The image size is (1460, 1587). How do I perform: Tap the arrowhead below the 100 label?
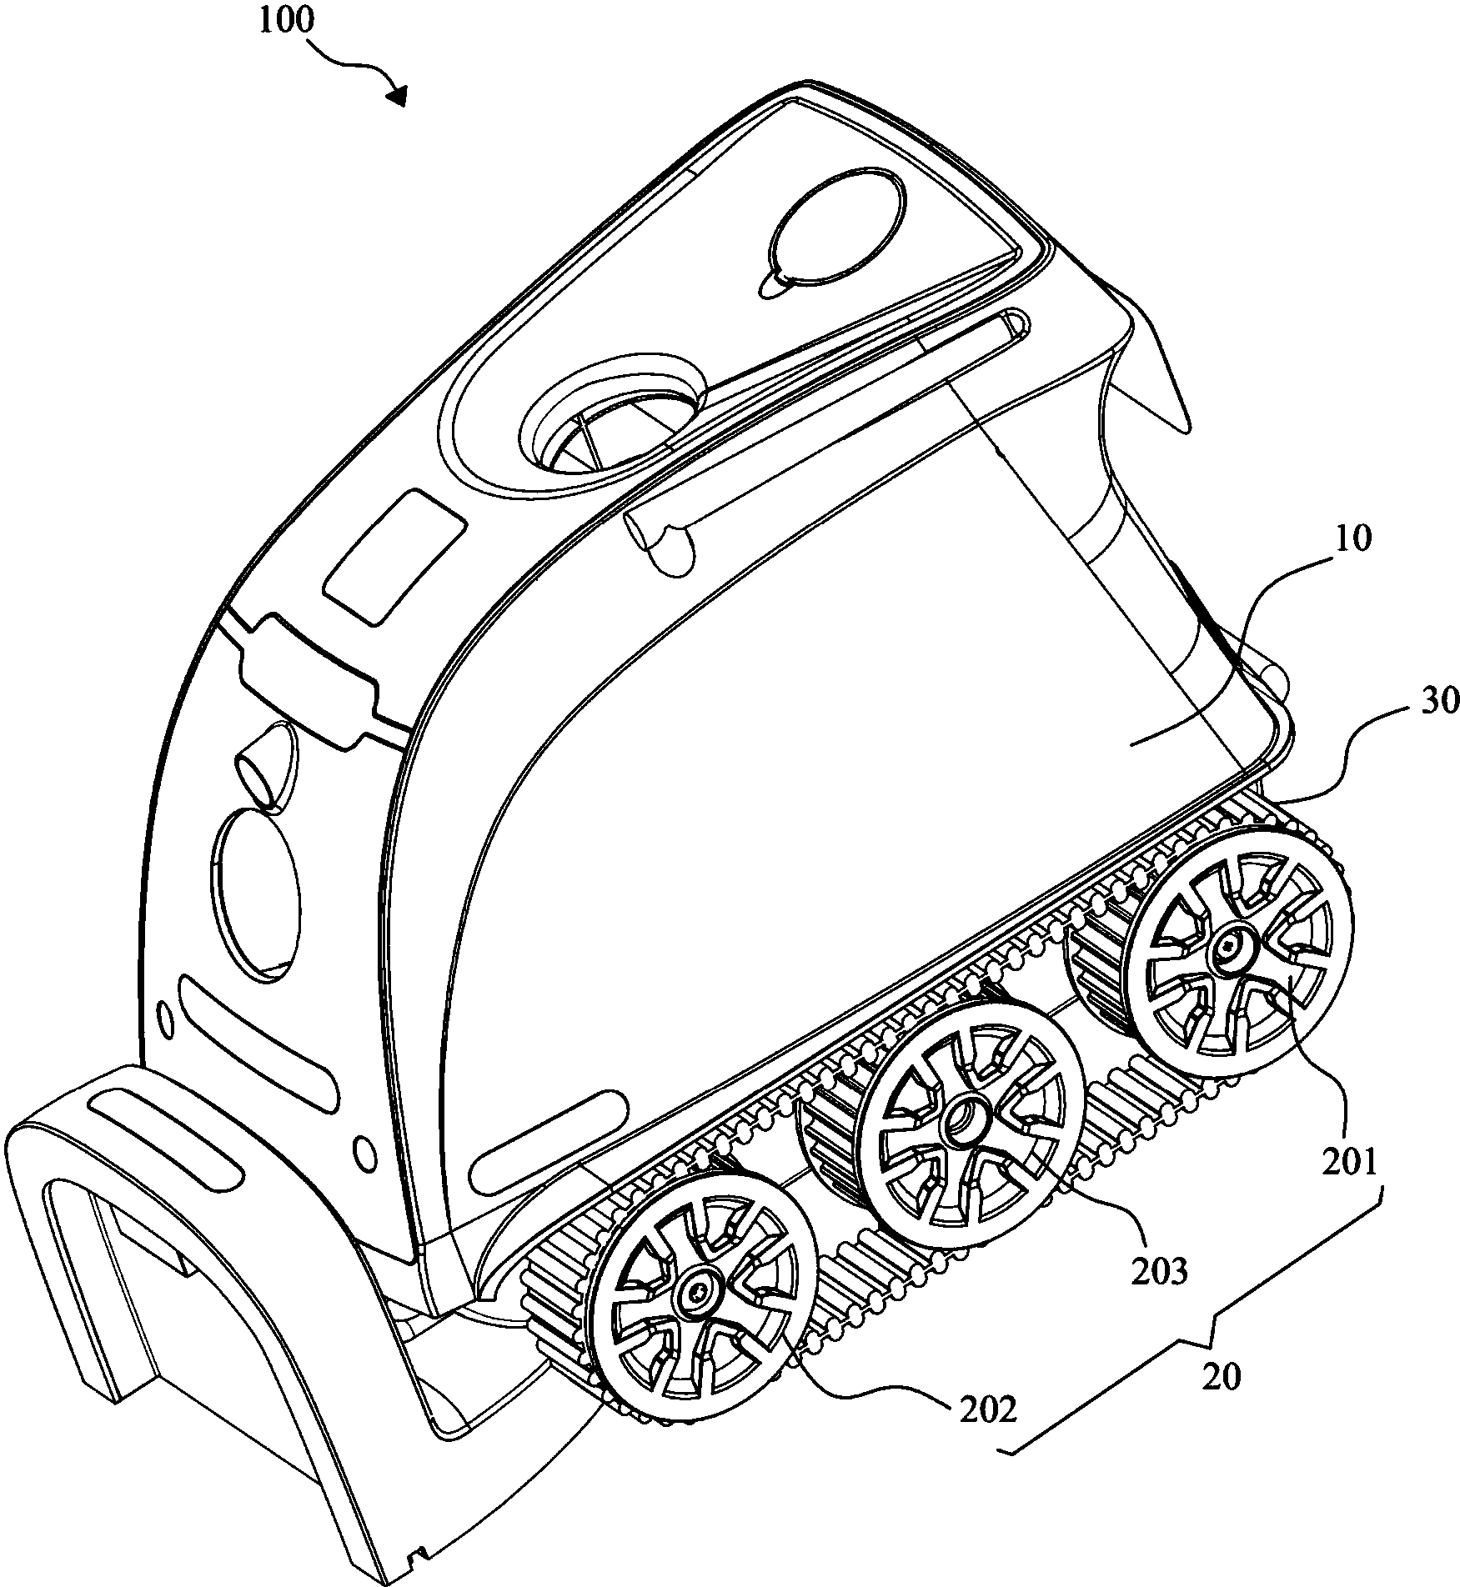tap(398, 96)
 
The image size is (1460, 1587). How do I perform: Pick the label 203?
tap(1160, 1294)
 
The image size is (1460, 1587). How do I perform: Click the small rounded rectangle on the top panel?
tap(394, 556)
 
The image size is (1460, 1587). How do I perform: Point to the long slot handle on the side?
tap(825, 443)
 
